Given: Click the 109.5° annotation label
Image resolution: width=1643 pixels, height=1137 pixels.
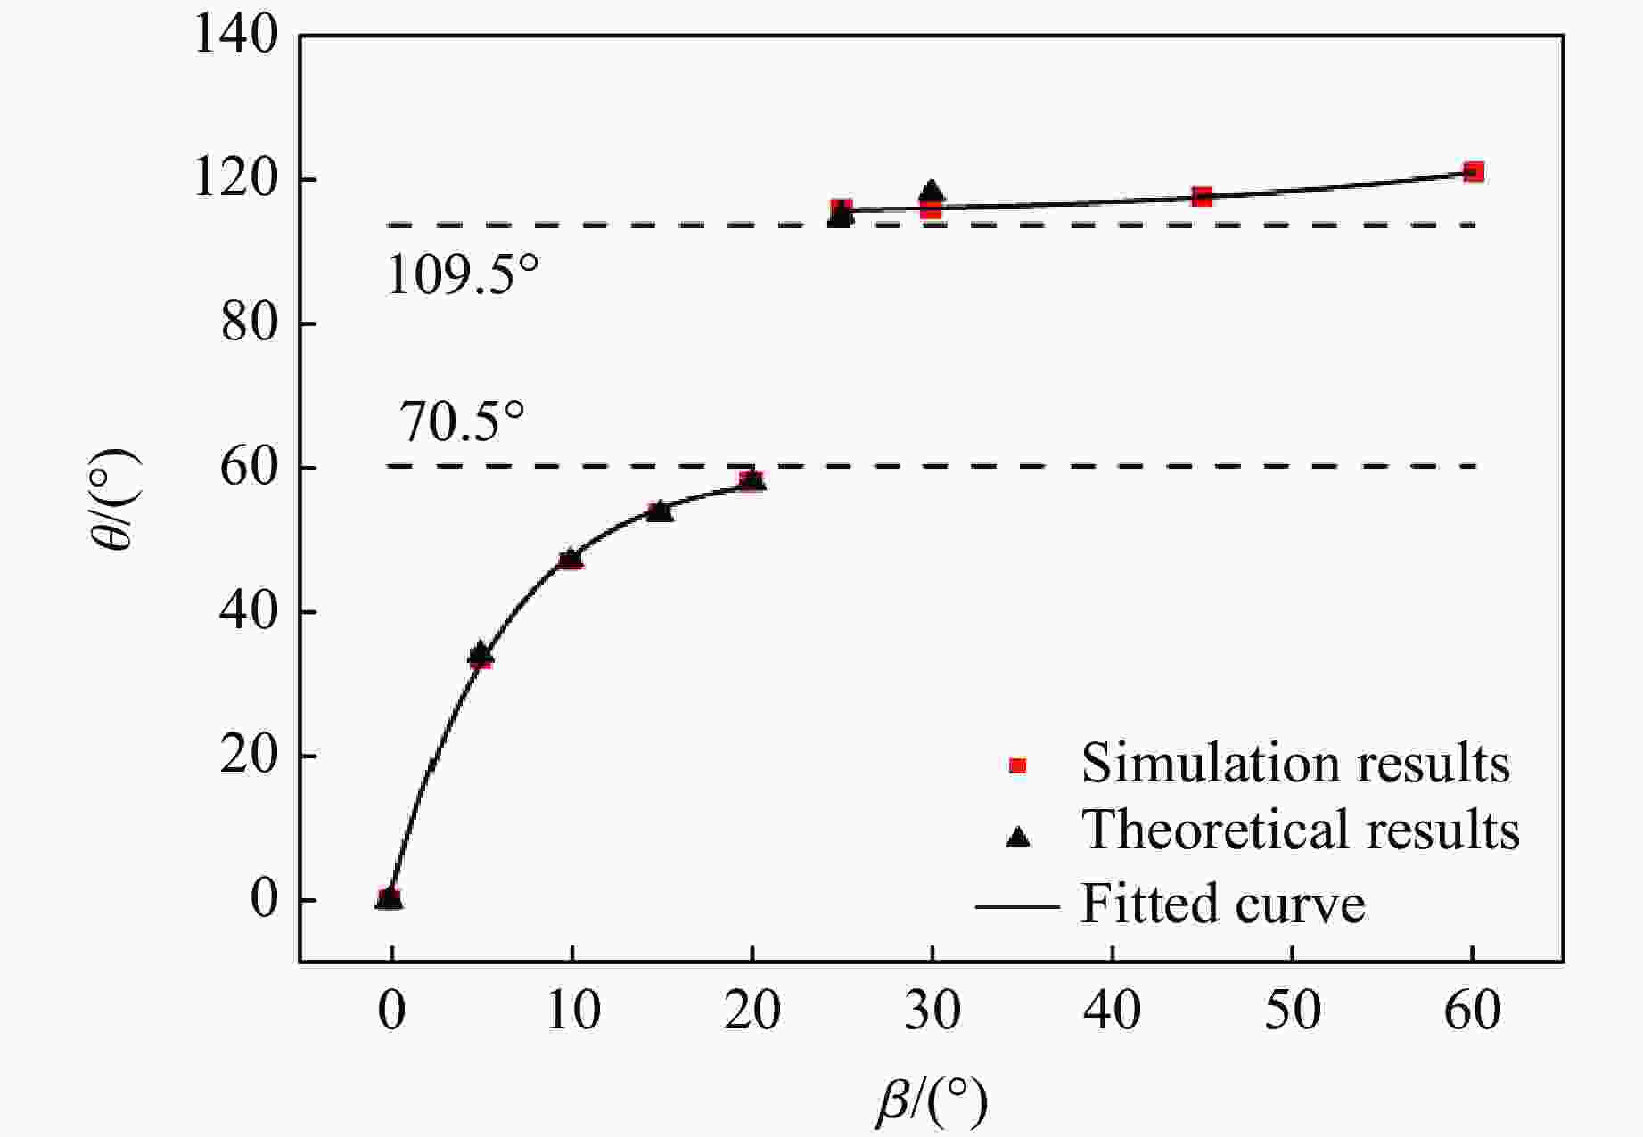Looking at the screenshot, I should (463, 275).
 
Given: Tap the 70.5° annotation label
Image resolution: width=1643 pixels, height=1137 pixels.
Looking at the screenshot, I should (461, 421).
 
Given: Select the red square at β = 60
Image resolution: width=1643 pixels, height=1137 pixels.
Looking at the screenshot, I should (1474, 172).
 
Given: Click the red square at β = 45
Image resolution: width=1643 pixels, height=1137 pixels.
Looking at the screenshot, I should (1202, 196).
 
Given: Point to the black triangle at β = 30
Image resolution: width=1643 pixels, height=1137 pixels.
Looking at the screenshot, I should (932, 192).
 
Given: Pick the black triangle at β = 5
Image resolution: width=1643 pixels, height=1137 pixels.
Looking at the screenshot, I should (481, 652).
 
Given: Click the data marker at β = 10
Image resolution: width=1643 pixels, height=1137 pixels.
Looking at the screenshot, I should (571, 559).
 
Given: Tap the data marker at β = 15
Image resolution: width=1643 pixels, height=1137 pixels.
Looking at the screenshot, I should (660, 511).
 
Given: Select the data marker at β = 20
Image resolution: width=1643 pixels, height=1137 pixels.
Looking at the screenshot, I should (752, 480).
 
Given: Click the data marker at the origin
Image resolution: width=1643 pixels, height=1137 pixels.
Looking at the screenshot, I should (390, 898).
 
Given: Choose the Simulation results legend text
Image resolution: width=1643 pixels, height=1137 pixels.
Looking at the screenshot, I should (1295, 764).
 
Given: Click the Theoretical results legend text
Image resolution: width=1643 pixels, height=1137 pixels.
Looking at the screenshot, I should (1300, 830).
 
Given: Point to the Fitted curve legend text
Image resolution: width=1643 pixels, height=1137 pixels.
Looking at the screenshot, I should (1222, 904).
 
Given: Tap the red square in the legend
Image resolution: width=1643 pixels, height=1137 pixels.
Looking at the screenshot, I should (1017, 765).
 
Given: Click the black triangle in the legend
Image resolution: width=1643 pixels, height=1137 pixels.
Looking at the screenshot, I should (1017, 836).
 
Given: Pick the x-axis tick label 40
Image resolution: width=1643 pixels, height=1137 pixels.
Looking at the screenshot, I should (1113, 1011).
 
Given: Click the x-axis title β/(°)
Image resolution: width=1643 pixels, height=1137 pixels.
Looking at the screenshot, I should (932, 1101).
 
